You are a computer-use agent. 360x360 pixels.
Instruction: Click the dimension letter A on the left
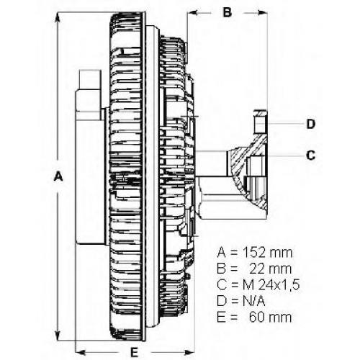[58, 176]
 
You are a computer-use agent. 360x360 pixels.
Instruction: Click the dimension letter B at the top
[227, 12]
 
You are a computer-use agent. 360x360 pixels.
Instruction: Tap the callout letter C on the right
[311, 156]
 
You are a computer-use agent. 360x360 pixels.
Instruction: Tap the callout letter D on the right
[311, 124]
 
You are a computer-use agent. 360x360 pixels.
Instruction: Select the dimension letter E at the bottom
[134, 353]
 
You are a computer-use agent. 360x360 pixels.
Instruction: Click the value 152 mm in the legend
[268, 253]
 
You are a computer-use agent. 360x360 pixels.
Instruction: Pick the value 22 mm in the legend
[271, 269]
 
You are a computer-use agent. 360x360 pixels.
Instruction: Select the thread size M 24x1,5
[271, 285]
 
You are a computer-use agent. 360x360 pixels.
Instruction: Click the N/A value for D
[253, 301]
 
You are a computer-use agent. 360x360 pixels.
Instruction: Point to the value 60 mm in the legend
[271, 317]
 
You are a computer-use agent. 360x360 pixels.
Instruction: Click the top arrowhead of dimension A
[58, 18]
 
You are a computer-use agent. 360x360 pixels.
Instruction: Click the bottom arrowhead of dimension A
[58, 335]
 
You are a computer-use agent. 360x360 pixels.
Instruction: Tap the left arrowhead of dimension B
[193, 12]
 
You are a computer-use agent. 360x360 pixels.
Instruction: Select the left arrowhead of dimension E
[81, 353]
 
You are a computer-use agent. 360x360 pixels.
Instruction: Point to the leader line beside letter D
[285, 124]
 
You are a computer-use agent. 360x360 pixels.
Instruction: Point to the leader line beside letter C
[285, 156]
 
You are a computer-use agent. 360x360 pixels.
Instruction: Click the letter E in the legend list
[221, 317]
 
